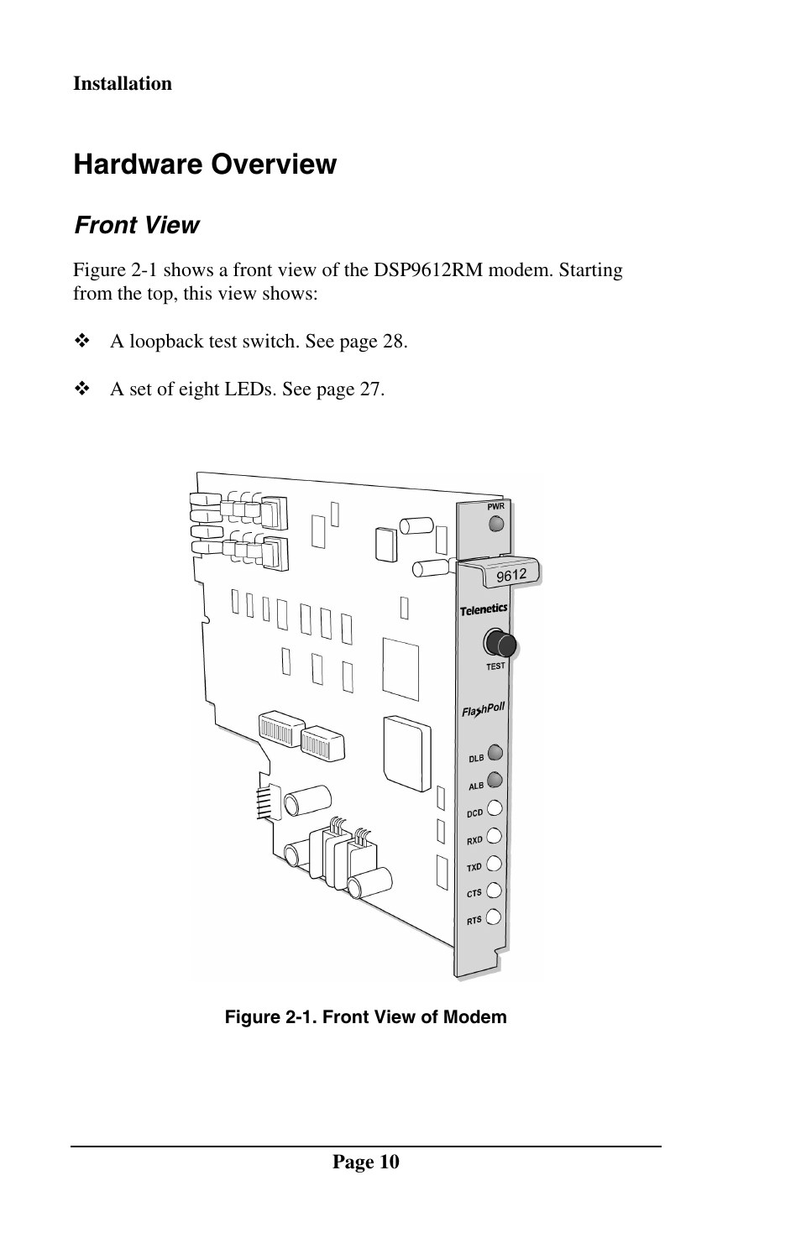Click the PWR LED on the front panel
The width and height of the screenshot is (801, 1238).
(x=496, y=524)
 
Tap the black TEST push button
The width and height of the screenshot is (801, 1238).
(x=500, y=643)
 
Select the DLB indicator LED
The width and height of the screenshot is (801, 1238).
(x=495, y=752)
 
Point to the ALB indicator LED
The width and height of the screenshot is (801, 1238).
(x=495, y=780)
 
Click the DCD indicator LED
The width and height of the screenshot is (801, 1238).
(x=495, y=807)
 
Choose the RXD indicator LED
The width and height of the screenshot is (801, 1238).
(x=495, y=835)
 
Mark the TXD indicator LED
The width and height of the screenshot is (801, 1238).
(x=495, y=863)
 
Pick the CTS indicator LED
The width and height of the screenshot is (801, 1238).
(x=495, y=890)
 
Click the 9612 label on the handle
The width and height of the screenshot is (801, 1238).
(x=511, y=575)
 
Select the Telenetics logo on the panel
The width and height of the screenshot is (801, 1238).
(x=484, y=609)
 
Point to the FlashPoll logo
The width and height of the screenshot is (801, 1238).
(x=483, y=710)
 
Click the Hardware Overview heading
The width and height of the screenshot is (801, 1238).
(x=205, y=165)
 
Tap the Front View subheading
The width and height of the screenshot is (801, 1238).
(x=137, y=225)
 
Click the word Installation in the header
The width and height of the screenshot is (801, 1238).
(x=123, y=84)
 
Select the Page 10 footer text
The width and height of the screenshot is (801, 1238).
(x=366, y=1162)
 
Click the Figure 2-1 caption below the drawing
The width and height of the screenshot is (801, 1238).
(x=365, y=1017)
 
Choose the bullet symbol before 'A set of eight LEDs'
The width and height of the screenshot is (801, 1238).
(x=82, y=389)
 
